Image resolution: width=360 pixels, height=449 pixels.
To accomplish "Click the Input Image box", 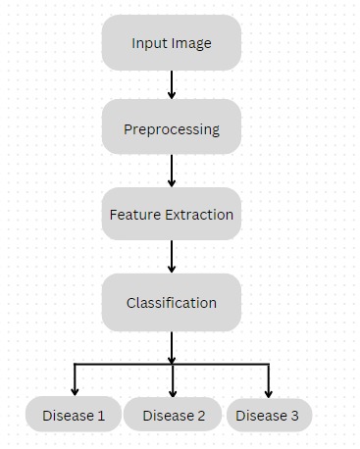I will pyautogui.click(x=172, y=43).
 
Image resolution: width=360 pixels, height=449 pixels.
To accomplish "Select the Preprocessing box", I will pyautogui.click(x=172, y=128).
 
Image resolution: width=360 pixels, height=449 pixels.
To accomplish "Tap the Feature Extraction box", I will pyautogui.click(x=172, y=214).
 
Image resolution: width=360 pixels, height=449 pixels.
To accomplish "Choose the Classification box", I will pyautogui.click(x=172, y=302).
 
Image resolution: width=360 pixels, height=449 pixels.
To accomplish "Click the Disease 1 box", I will pyautogui.click(x=74, y=416).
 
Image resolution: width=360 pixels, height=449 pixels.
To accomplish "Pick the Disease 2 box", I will pyautogui.click(x=174, y=416).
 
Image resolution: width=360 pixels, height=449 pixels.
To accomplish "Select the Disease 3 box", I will pyautogui.click(x=268, y=416).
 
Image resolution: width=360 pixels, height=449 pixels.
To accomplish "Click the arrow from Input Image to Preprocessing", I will pyautogui.click(x=172, y=84).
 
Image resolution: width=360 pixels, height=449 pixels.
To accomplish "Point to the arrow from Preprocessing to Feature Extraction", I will pyautogui.click(x=172, y=171).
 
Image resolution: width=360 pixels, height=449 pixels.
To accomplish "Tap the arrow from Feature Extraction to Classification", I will pyautogui.click(x=172, y=257).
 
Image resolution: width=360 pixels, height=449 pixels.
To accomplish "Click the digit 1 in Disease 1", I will pyautogui.click(x=101, y=416).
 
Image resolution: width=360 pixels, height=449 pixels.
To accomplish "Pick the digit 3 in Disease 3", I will pyautogui.click(x=294, y=416).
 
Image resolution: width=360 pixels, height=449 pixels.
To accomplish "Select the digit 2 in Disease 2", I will pyautogui.click(x=201, y=416).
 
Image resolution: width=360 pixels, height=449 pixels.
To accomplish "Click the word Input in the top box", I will pyautogui.click(x=149, y=44).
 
